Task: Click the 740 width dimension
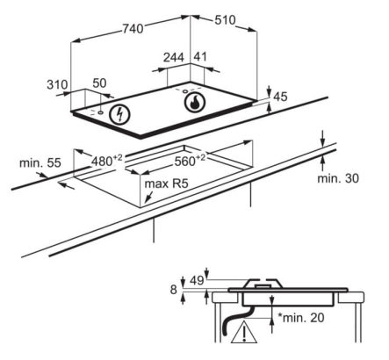pyautogui.click(x=133, y=29)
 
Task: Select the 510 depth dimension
pyautogui.click(x=225, y=20)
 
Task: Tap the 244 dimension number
pyautogui.click(x=174, y=57)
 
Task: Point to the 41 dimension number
pyautogui.click(x=200, y=57)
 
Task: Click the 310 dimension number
pyautogui.click(x=57, y=84)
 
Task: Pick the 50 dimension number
pyautogui.click(x=99, y=83)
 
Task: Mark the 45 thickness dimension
pyautogui.click(x=280, y=97)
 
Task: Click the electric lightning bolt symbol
pyautogui.click(x=119, y=114)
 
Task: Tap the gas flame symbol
pyautogui.click(x=195, y=103)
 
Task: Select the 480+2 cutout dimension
pyautogui.click(x=107, y=161)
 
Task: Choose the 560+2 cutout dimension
pyautogui.click(x=190, y=160)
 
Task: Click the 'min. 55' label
pyautogui.click(x=40, y=162)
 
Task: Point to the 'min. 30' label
pyautogui.click(x=338, y=178)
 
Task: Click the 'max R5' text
pyautogui.click(x=166, y=184)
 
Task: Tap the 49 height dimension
pyautogui.click(x=197, y=280)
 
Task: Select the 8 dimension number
pyautogui.click(x=174, y=290)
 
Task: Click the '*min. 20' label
pyautogui.click(x=301, y=317)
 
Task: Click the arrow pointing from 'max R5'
pyautogui.click(x=149, y=197)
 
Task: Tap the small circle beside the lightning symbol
pyautogui.click(x=101, y=112)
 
